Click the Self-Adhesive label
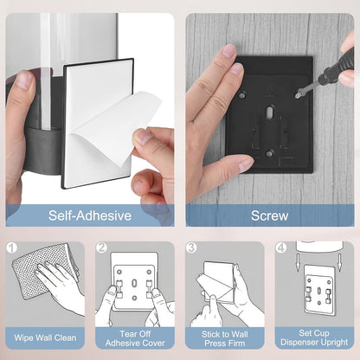pyautogui.click(x=90, y=215)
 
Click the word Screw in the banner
pyautogui.click(x=269, y=215)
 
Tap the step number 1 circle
pyautogui.click(x=12, y=247)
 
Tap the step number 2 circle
pyautogui.click(x=101, y=247)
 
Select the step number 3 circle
pyautogui.click(x=191, y=247)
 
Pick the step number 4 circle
pyautogui.click(x=281, y=247)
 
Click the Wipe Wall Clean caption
pyautogui.click(x=45, y=337)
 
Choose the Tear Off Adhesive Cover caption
pyautogui.click(x=135, y=338)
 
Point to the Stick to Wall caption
pyautogui.click(x=224, y=334)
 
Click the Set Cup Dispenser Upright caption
pyautogui.click(x=314, y=337)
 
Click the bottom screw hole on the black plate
pyautogui.click(x=270, y=153)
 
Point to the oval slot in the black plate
pyautogui.click(x=269, y=112)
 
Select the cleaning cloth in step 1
pyautogui.click(x=43, y=270)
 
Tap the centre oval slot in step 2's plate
pyautogui.click(x=134, y=283)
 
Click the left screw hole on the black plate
pyautogui.click(x=242, y=94)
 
